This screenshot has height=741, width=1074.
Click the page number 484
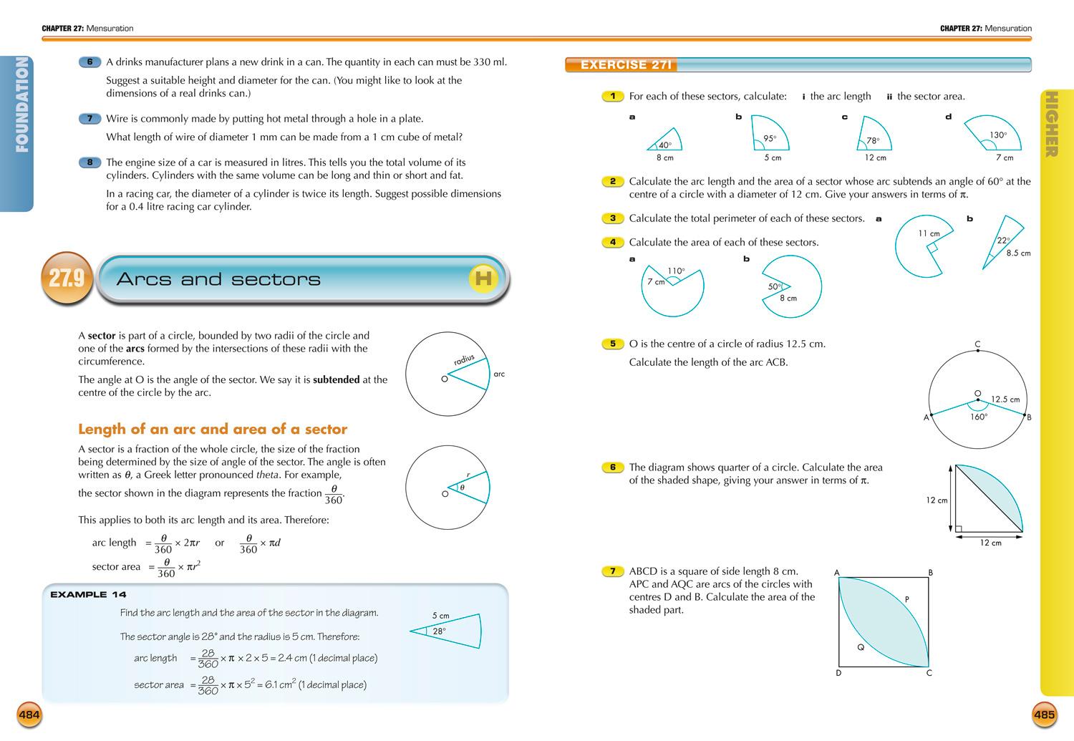pyautogui.click(x=29, y=714)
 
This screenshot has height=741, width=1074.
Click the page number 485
pyautogui.click(x=1045, y=714)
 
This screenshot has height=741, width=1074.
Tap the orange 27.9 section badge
pyautogui.click(x=67, y=278)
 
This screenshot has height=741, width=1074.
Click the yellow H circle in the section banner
pyautogui.click(x=483, y=279)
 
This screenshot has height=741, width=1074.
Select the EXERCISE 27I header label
pyautogui.click(x=626, y=65)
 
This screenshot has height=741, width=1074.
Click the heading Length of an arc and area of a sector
pyautogui.click(x=213, y=430)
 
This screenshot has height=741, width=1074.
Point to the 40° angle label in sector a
pyautogui.click(x=665, y=145)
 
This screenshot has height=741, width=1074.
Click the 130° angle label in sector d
pyautogui.click(x=998, y=135)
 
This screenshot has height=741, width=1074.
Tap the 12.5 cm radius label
pyautogui.click(x=1005, y=399)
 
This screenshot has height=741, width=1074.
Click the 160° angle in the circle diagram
pyautogui.click(x=979, y=417)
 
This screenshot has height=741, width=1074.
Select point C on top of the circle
pyautogui.click(x=977, y=344)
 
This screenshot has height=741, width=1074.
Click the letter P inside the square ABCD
pyautogui.click(x=906, y=600)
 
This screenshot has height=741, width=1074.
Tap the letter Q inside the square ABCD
pyautogui.click(x=861, y=647)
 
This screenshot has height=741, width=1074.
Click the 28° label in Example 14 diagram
pyautogui.click(x=439, y=631)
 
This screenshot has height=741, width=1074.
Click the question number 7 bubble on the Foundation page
pyautogui.click(x=89, y=119)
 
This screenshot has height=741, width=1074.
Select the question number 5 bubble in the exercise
pyautogui.click(x=612, y=344)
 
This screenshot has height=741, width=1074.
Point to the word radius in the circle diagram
pyautogui.click(x=464, y=360)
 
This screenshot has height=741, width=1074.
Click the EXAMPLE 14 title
pyautogui.click(x=88, y=594)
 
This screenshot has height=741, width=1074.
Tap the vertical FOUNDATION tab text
pyautogui.click(x=21, y=105)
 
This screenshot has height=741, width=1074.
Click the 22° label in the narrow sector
pyautogui.click(x=1003, y=241)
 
